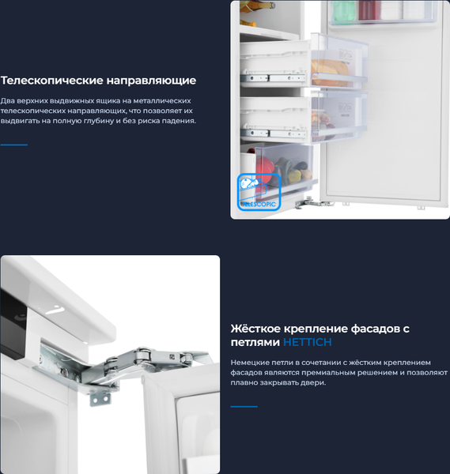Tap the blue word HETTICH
point(307,342)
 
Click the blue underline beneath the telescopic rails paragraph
point(13,145)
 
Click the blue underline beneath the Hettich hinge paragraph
point(244,406)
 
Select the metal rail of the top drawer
point(276,78)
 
